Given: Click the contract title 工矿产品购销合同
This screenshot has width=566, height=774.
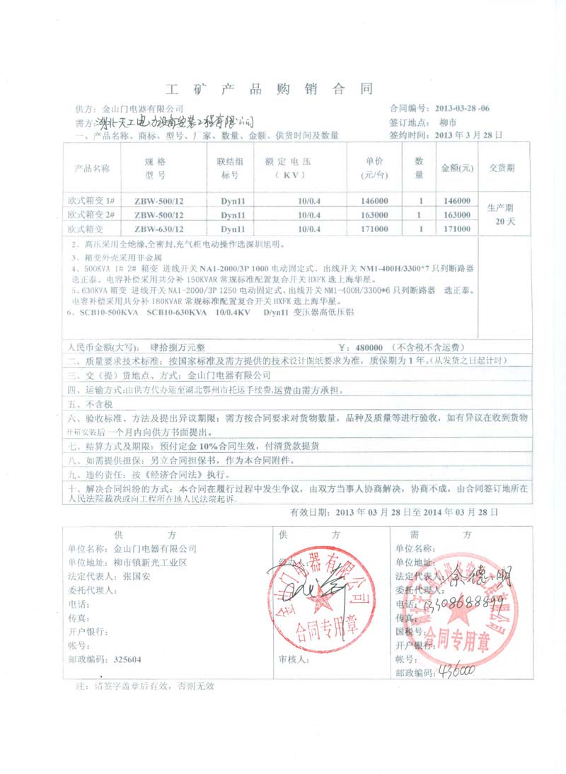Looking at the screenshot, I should pos(268,89).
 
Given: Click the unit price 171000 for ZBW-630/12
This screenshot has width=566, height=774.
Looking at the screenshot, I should pos(374,229).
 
